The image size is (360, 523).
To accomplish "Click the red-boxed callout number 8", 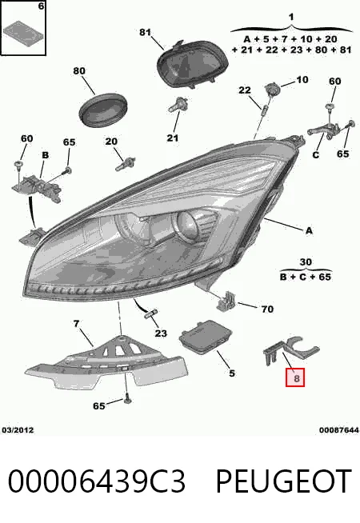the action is coord(295,378).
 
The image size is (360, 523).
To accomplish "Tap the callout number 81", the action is coord(145,32).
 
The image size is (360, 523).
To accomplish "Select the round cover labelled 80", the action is coord(104,110).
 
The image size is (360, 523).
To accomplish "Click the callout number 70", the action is coord(267,309).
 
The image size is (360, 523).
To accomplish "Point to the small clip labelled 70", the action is coord(226,300).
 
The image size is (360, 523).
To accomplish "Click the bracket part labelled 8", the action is coord(290,353).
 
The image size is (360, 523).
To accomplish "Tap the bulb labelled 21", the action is coord(178,104).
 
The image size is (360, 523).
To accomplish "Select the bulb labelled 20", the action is coord(125,163).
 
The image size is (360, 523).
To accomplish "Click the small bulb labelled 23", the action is coord(151,313).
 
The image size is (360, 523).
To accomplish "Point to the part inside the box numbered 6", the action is coord(23,31).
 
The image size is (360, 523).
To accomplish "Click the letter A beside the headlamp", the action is coord(309,230).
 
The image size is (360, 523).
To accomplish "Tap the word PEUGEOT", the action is coord(283,481).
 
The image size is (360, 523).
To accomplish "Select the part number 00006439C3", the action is coord(96,481).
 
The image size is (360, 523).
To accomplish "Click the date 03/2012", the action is coord(18,430).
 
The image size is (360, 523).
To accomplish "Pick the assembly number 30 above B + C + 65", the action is coord(306,262).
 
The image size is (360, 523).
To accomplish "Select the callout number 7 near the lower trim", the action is coord(76,324).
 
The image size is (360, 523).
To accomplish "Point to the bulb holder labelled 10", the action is coord(271,90).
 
